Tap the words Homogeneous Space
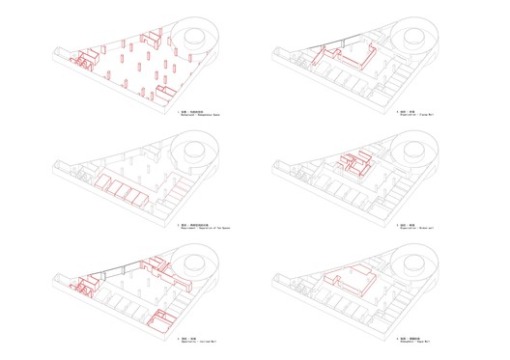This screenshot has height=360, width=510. click(x=214, y=118)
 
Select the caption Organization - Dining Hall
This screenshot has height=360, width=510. click(x=415, y=118)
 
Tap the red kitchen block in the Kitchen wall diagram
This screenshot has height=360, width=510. click(x=357, y=165)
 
